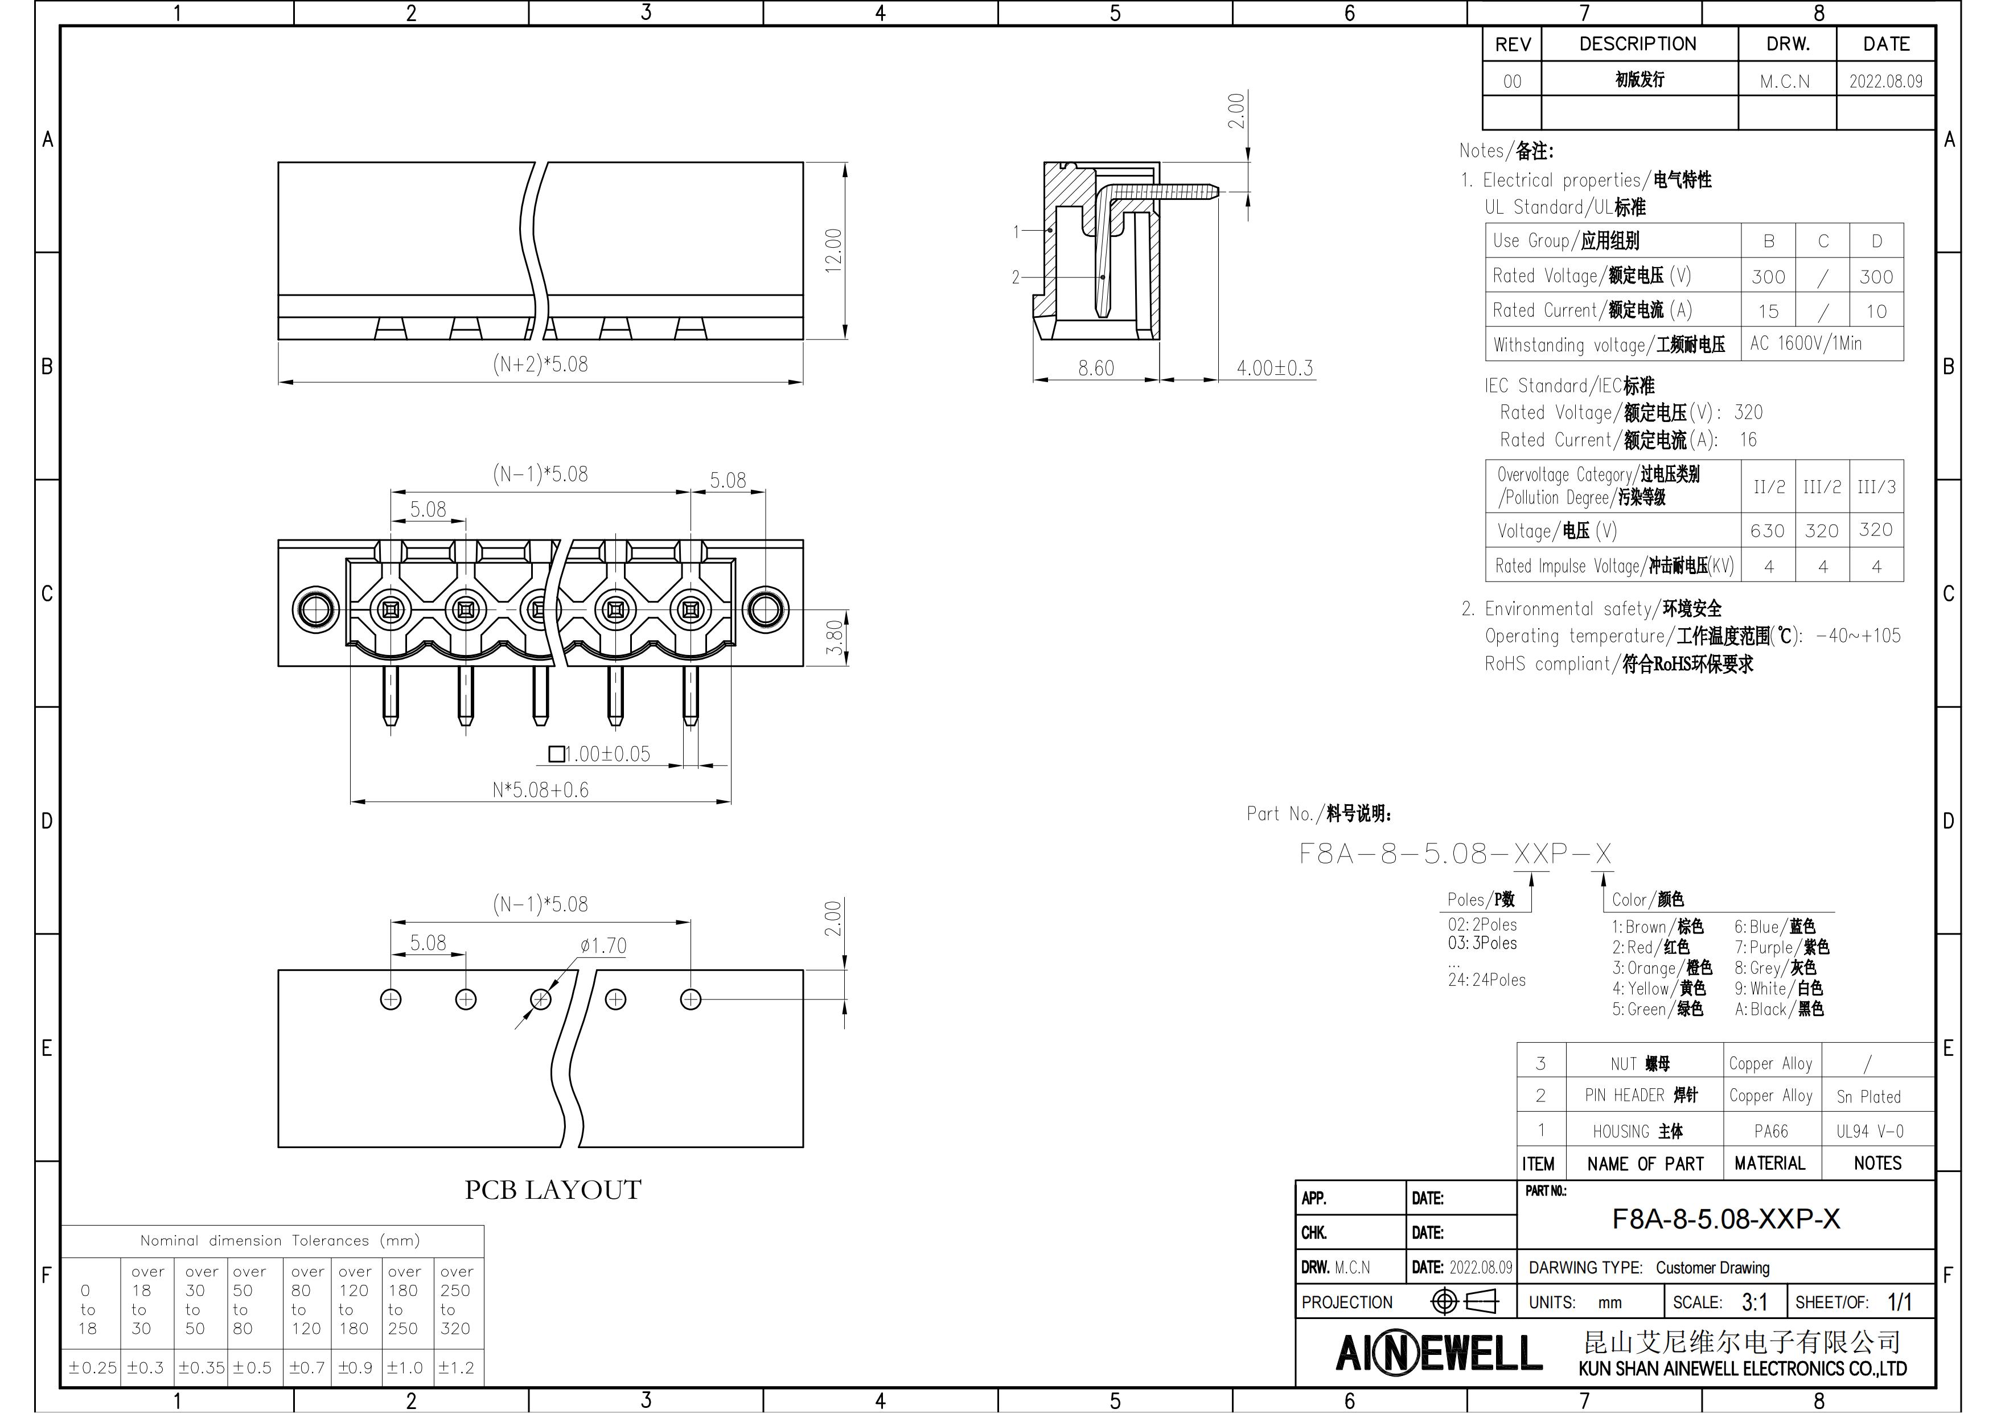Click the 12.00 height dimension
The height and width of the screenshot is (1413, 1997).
pos(833,251)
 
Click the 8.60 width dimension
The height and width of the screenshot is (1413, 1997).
pos(1096,368)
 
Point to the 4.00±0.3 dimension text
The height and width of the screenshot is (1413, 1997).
pos(1275,368)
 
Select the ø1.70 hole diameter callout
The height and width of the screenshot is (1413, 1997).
pos(603,946)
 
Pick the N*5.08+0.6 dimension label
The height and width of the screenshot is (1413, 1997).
pos(540,790)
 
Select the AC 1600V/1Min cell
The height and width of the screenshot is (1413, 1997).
pos(1806,343)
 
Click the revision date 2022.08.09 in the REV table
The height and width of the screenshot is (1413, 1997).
pos(1885,81)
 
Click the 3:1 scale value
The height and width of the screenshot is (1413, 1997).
pos(1754,1301)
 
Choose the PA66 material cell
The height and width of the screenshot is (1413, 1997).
pos(1771,1131)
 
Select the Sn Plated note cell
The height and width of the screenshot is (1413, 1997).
pos(1868,1096)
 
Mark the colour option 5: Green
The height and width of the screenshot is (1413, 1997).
pos(1657,1009)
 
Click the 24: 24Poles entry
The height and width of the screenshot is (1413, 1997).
pos(1486,980)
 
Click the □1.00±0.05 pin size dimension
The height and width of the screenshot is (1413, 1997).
pos(599,753)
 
